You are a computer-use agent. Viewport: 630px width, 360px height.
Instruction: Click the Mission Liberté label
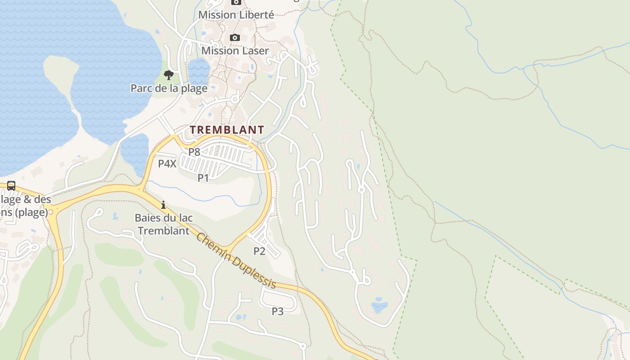(x=236, y=15)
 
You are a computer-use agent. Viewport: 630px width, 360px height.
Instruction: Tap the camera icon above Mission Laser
(x=235, y=38)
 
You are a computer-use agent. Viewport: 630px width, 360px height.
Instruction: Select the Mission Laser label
(x=235, y=50)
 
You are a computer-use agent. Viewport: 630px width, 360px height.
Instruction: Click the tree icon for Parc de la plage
(x=169, y=75)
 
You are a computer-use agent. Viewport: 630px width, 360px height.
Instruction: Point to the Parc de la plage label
(x=169, y=88)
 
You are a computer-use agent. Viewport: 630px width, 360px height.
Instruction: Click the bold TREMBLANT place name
(x=227, y=130)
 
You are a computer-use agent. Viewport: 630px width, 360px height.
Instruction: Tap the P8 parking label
(x=194, y=152)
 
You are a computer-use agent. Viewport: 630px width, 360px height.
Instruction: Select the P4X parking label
(x=167, y=164)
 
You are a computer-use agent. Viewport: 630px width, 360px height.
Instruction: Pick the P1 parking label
(x=203, y=178)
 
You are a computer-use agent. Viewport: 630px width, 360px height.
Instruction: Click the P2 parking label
(x=259, y=251)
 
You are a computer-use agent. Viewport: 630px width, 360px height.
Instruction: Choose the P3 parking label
(x=278, y=311)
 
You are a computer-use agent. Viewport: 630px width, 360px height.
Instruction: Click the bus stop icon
(x=11, y=185)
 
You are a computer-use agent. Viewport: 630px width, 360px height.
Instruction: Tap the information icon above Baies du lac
(x=163, y=205)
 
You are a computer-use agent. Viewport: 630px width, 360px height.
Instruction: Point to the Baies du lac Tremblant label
(x=164, y=224)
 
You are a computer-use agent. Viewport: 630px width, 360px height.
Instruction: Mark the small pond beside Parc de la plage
(x=198, y=70)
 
